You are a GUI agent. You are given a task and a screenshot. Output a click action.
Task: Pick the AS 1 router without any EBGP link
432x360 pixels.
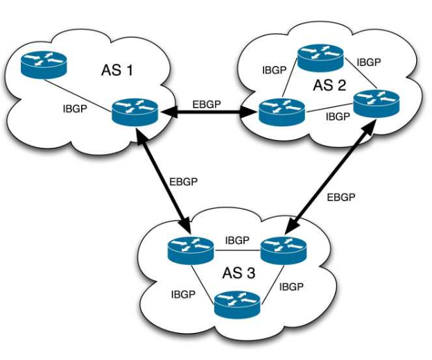43,65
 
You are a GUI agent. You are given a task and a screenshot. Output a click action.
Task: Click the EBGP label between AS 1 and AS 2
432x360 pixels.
208,104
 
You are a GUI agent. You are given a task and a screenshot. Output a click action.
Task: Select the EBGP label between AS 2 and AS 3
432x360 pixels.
341,197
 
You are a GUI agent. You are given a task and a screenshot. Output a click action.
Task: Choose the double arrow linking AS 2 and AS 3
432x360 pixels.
329,178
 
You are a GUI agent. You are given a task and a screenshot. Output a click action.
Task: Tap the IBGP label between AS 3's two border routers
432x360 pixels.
237,241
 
